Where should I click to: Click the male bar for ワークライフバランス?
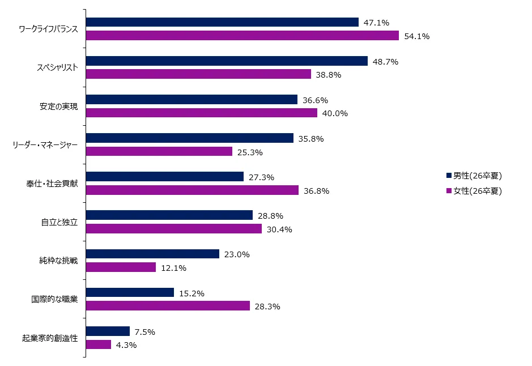(222, 22)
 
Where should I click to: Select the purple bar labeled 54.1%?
(242, 36)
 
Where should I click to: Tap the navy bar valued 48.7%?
(227, 61)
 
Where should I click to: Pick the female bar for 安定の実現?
(201, 113)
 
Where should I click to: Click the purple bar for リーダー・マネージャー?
(159, 151)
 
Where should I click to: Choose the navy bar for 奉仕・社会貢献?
(164, 177)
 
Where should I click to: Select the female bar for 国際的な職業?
(168, 306)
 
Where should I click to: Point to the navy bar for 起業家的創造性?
(108, 331)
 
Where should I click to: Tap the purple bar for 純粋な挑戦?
(121, 267)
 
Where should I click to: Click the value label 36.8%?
(317, 191)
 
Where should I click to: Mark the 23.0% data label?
(237, 254)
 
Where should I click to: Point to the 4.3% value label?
(126, 345)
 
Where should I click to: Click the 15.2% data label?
(192, 293)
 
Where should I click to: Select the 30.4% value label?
(280, 229)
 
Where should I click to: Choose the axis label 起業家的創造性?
(50, 338)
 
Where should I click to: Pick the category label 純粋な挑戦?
(59, 261)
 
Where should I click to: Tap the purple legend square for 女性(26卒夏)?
(449, 190)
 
